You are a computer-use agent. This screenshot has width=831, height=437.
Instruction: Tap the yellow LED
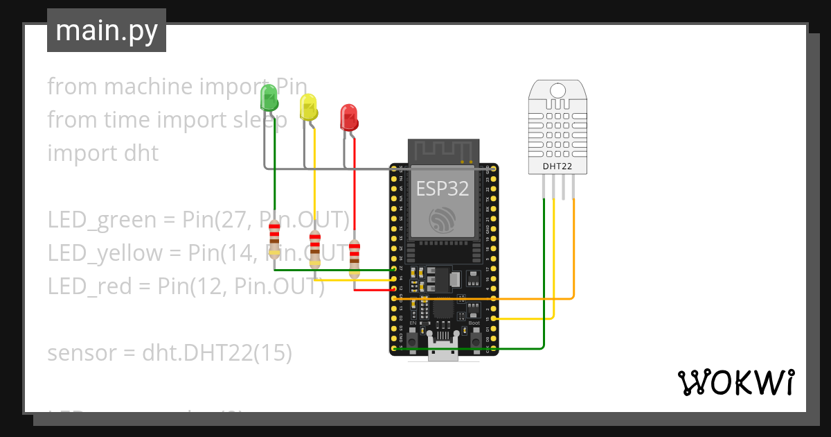[x=309, y=108]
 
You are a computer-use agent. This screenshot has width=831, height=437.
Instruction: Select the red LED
[x=349, y=117]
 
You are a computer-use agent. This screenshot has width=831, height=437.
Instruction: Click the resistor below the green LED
[x=275, y=238]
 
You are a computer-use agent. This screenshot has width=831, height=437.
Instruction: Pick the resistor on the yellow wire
[x=315, y=248]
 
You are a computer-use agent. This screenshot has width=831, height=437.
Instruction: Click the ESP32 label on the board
[x=443, y=188]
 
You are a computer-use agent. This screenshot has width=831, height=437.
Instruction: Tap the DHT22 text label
[x=557, y=166]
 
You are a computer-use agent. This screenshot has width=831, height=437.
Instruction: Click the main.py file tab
[x=107, y=31]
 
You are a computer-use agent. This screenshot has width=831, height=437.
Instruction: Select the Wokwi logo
[x=735, y=382]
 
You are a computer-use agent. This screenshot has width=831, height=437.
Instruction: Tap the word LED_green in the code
[x=102, y=220]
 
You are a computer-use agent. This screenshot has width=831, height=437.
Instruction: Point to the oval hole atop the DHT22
[x=557, y=89]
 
